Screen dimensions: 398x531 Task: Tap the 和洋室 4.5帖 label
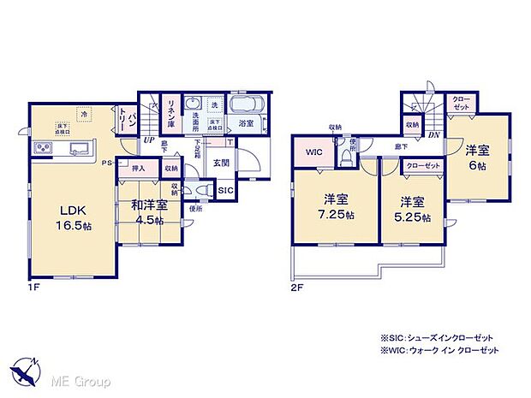[148, 210]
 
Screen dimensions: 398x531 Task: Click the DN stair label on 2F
[434, 134]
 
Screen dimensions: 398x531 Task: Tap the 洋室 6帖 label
[477, 156]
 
